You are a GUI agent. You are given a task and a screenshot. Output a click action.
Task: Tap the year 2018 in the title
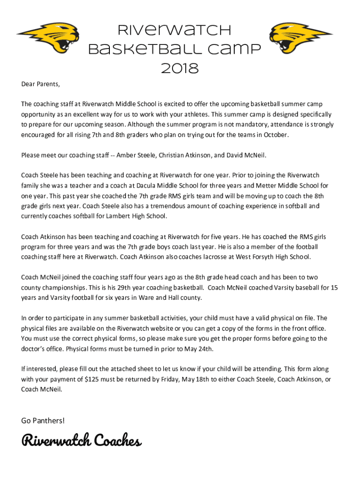pos(180,69)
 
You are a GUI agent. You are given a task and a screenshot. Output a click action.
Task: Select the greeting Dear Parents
pos(41,84)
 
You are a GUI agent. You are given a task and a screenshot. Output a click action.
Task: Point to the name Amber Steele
pos(136,155)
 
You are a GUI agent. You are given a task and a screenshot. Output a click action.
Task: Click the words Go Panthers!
pos(43,421)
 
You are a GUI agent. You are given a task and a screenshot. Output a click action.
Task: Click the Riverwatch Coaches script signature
pos(81,441)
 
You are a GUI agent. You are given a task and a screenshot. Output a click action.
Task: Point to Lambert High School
pos(138,216)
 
